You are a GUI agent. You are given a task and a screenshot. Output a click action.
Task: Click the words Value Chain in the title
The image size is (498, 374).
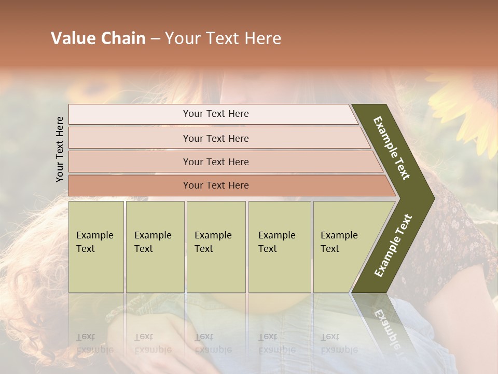[98, 38]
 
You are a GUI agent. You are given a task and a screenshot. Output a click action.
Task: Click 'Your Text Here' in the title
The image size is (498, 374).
[223, 38]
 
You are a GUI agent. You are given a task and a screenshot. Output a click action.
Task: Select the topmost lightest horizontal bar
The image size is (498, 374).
[216, 114]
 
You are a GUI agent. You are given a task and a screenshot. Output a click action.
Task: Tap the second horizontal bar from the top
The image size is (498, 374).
[216, 138]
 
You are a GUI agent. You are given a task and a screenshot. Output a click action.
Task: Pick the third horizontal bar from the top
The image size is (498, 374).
[216, 162]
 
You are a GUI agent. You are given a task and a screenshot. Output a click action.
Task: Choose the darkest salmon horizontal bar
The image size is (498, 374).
[216, 185]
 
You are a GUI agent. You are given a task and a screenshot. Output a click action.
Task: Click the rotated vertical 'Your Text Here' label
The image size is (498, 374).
[60, 149]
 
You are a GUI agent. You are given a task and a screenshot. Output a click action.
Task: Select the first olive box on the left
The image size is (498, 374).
[96, 246]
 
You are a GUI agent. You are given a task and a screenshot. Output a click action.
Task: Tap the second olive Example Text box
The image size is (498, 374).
[155, 246]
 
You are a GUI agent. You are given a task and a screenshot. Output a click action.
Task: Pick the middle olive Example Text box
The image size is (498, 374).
[216, 246]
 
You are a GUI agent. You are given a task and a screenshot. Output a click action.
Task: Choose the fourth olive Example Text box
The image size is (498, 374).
[279, 246]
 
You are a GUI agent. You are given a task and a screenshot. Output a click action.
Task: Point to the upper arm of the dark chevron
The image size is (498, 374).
[392, 148]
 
